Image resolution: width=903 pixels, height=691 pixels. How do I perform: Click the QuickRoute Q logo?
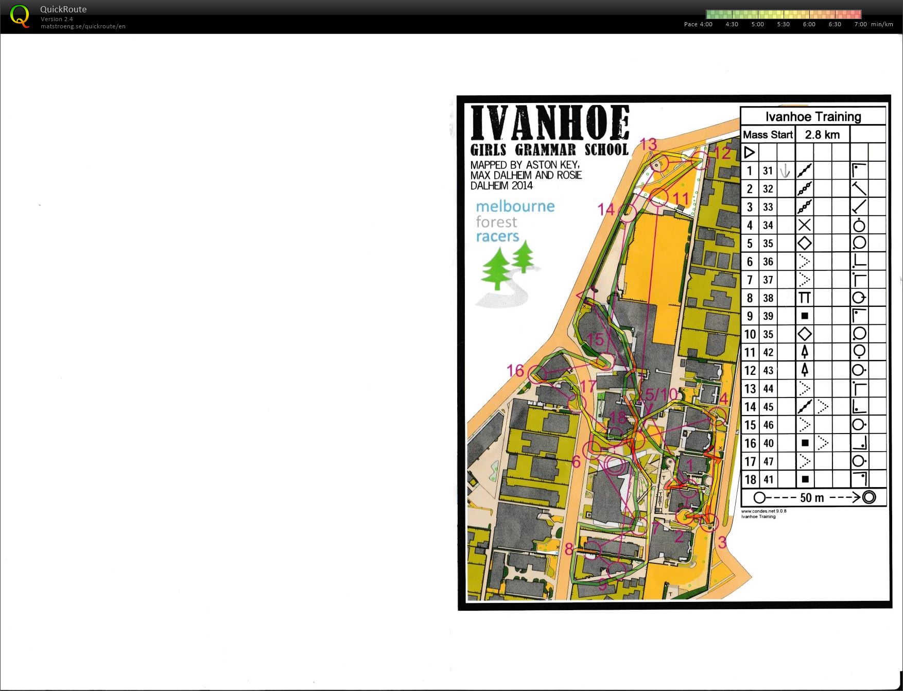(x=20, y=16)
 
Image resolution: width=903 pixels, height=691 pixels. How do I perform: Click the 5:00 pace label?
(x=757, y=24)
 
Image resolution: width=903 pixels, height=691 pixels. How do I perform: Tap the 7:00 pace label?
(x=860, y=24)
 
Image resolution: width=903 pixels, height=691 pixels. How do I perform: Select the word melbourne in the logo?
(x=515, y=206)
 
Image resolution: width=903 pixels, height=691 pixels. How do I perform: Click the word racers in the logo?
(x=497, y=236)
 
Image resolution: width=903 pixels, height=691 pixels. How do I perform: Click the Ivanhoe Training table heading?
(x=813, y=117)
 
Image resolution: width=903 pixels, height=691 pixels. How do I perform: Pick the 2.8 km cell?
(x=822, y=135)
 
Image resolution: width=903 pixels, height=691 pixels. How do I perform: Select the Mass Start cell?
(x=768, y=135)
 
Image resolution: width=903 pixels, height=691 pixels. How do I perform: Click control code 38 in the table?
(x=768, y=298)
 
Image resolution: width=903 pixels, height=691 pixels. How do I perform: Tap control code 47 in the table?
(x=768, y=461)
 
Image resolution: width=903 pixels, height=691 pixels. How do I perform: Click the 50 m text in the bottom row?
(x=812, y=498)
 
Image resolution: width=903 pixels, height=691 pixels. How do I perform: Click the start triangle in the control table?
(x=750, y=152)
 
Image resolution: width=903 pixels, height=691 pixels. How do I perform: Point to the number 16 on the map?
(x=515, y=370)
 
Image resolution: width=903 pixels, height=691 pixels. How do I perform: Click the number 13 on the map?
(x=648, y=144)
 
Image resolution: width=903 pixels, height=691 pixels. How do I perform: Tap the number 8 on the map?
(x=568, y=549)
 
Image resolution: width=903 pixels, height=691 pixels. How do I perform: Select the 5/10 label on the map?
(x=662, y=394)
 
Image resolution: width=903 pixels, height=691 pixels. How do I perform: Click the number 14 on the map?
(x=606, y=210)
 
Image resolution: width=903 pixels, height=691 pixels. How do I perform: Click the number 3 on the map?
(x=722, y=542)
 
